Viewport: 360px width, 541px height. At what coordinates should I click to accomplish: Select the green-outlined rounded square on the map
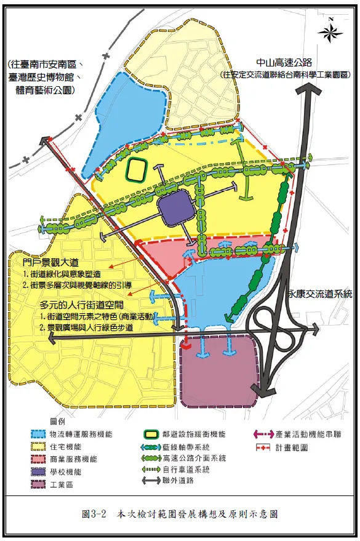tap(136, 170)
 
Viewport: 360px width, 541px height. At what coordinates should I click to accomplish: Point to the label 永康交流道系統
tap(319, 295)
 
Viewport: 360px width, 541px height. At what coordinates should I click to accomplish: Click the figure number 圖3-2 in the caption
tap(95, 513)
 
